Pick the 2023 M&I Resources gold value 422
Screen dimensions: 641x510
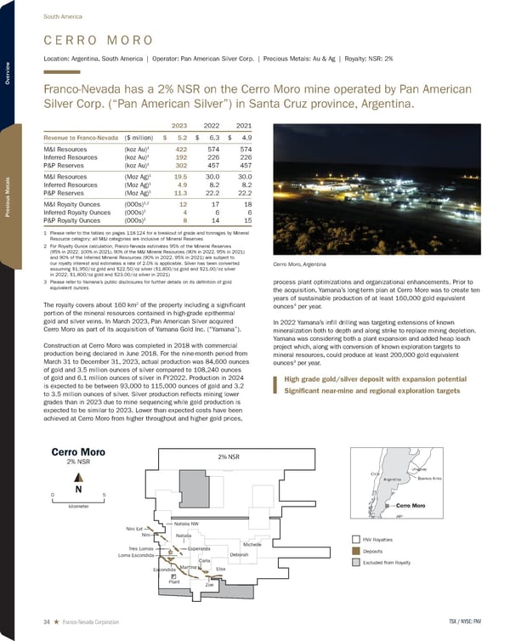(x=179, y=149)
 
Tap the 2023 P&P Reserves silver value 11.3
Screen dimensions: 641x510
(x=179, y=192)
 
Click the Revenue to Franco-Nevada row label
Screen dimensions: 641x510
(x=81, y=135)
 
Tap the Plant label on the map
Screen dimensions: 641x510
(x=175, y=581)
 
